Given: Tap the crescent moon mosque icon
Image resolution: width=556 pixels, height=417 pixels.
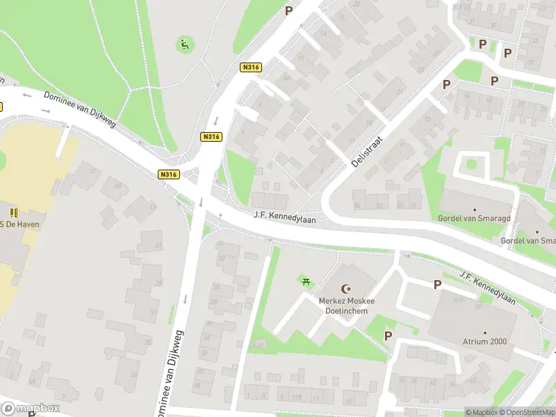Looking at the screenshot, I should pyautogui.click(x=346, y=288).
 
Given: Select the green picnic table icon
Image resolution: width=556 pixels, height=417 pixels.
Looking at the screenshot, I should pyautogui.click(x=306, y=281).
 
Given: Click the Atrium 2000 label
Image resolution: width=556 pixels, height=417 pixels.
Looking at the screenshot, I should pyautogui.click(x=484, y=341).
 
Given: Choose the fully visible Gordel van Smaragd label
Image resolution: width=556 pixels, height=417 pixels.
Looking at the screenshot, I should pyautogui.click(x=474, y=218).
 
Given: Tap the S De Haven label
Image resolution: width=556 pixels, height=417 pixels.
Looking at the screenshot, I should pyautogui.click(x=20, y=224).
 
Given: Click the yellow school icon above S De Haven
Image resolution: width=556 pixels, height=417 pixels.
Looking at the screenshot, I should pyautogui.click(x=13, y=211).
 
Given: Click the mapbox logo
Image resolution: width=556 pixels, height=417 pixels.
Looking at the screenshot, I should pyautogui.click(x=31, y=408).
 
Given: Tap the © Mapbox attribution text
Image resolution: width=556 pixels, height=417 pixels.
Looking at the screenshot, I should pyautogui.click(x=481, y=412).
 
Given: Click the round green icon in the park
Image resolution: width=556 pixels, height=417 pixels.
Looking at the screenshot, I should pyautogui.click(x=183, y=46).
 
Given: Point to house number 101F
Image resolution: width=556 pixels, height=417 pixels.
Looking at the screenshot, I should pyautogui.click(x=457, y=301).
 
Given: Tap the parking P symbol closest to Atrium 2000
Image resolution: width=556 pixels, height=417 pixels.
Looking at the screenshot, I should pyautogui.click(x=437, y=284).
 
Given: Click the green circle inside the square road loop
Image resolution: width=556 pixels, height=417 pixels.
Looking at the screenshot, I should pyautogui.click(x=471, y=165).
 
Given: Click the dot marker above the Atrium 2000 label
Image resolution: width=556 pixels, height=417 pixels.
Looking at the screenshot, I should pyautogui.click(x=484, y=333).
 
